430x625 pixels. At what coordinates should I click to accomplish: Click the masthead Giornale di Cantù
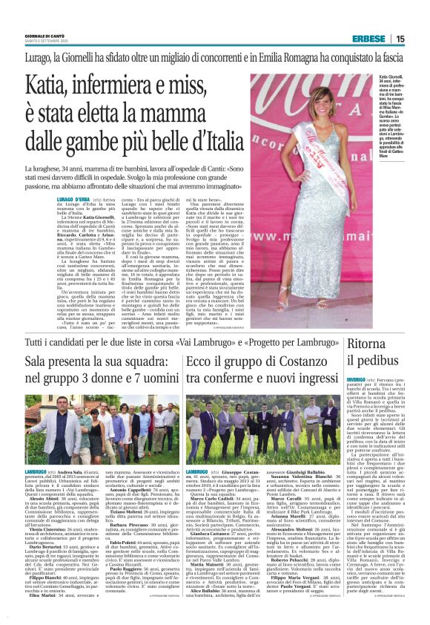coord(44,36)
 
